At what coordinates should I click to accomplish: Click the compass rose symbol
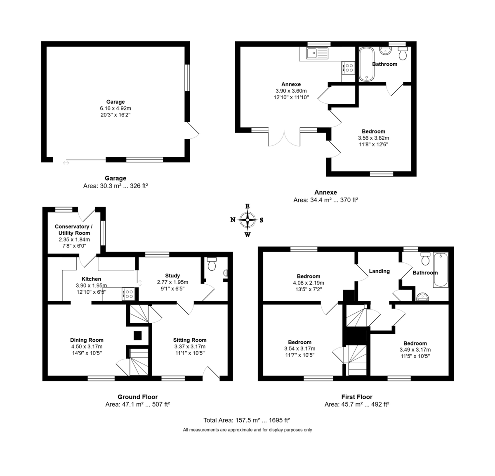[x=247, y=220]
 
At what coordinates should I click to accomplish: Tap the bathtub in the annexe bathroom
[x=366, y=64]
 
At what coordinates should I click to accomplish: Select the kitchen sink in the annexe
[x=316, y=53]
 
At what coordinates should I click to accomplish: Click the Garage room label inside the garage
[x=115, y=102]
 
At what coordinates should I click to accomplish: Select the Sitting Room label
[x=190, y=340]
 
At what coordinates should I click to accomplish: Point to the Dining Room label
[x=87, y=340]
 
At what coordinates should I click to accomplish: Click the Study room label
[x=172, y=276]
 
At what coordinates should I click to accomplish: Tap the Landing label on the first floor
[x=379, y=271]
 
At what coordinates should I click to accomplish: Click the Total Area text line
[x=247, y=420]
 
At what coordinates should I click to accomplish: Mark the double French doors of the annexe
[x=284, y=138]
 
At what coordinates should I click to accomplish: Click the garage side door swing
[x=193, y=130]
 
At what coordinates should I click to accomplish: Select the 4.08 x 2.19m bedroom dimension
[x=308, y=283]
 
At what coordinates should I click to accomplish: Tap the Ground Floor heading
[x=138, y=397]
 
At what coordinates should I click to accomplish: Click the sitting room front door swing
[x=212, y=373]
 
